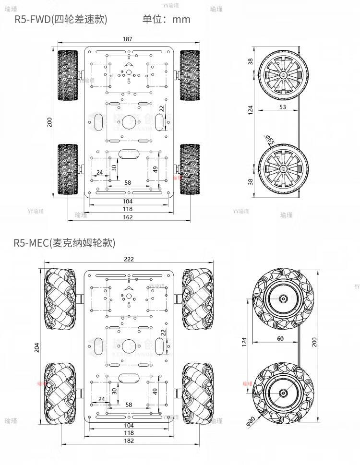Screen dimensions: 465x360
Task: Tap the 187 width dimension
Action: coord(127,39)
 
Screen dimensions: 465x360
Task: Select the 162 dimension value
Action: coord(128,217)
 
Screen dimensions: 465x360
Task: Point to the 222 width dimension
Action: coord(129,259)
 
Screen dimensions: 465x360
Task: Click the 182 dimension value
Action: coord(129,441)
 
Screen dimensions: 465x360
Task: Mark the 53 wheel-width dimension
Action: coord(282,107)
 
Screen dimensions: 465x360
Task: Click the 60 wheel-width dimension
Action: coord(280,339)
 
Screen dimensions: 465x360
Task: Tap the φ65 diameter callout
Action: coord(270,140)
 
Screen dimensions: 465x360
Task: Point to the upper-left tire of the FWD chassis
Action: coord(67,75)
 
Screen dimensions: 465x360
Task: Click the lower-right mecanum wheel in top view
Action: coord(198,393)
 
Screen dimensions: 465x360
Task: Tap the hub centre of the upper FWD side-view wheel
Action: coord(282,75)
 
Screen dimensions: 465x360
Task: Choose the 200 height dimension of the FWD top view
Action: coord(49,122)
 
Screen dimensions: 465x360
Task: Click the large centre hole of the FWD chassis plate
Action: coord(128,122)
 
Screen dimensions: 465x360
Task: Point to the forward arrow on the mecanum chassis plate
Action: coord(128,287)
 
